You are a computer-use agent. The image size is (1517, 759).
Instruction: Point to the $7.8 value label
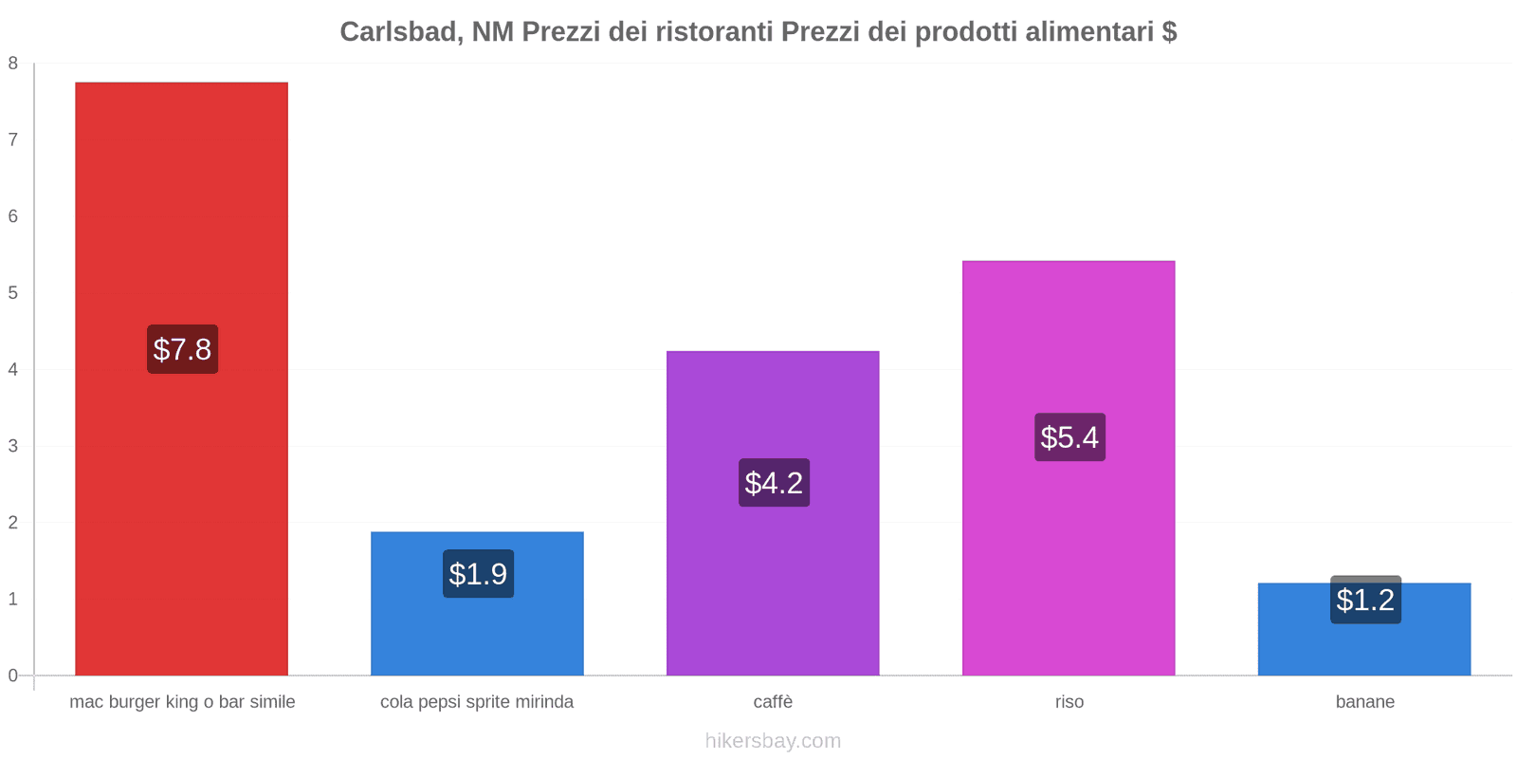coord(182,349)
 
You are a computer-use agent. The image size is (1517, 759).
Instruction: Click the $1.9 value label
coord(478,574)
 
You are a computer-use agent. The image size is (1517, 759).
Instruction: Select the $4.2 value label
coord(774,483)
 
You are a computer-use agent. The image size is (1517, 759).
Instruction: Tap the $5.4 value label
coord(1069,437)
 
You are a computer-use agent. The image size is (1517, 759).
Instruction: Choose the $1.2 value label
coord(1365,600)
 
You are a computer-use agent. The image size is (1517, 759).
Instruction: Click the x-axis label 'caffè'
coord(773,702)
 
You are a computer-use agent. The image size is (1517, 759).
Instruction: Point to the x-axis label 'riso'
coord(1069,702)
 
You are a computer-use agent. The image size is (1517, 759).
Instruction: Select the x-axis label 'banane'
coord(1364,702)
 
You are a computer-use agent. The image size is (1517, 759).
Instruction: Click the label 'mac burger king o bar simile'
coord(182,702)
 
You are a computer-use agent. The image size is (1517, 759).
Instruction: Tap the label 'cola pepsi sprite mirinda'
coord(477,702)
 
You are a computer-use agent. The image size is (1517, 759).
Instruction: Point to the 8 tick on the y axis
coord(13,64)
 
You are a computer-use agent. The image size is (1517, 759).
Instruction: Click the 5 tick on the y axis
coord(13,293)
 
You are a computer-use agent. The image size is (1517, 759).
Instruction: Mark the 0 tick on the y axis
coord(13,676)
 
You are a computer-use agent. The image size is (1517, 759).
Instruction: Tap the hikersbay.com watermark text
coord(773,741)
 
